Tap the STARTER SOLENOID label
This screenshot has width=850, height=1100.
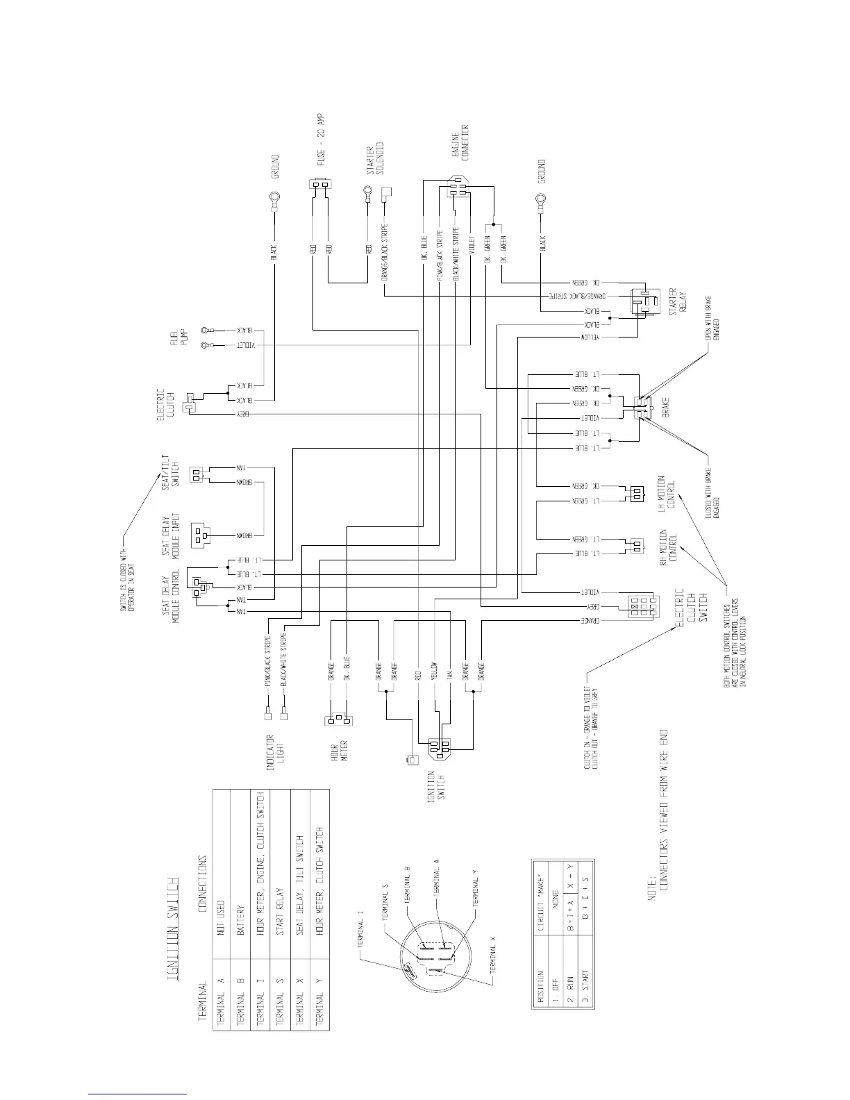click(x=375, y=159)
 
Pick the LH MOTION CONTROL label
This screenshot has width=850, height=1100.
click(x=667, y=494)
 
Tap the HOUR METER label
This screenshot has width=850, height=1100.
click(x=338, y=749)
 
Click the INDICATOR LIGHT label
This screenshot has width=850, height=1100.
click(x=276, y=749)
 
